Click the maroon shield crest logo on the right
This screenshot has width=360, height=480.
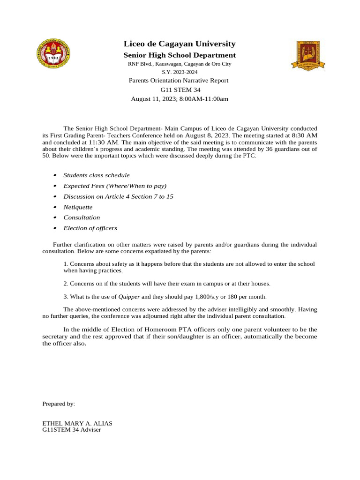307,55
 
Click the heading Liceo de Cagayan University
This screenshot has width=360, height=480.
180,44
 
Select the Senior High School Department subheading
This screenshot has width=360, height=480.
180,55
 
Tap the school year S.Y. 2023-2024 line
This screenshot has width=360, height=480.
180,72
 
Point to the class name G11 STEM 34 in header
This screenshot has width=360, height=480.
180,90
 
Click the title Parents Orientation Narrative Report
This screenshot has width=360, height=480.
179,81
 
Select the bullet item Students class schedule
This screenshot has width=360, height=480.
97,175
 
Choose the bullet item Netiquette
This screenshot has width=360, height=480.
78,207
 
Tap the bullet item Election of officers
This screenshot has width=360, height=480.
90,228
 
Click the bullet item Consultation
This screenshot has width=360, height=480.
82,217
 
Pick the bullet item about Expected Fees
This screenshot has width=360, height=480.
115,186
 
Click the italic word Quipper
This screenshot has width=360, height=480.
129,297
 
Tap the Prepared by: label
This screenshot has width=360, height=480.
59,404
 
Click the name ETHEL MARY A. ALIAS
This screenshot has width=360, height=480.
77,423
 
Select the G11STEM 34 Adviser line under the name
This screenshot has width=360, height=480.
71,429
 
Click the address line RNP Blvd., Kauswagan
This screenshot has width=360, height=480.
180,64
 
